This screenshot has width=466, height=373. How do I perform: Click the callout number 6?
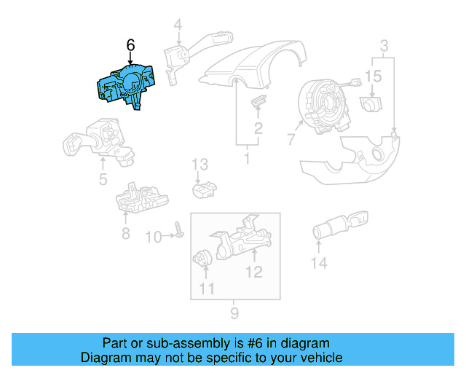(130, 45)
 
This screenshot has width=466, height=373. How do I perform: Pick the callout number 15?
(373, 76)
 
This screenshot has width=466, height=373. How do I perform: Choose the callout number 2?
(258, 130)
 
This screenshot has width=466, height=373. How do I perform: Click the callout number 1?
(247, 157)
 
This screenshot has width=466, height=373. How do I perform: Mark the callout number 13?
(200, 165)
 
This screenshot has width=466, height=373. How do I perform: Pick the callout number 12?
(253, 273)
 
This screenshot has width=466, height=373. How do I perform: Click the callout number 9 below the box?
(234, 315)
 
